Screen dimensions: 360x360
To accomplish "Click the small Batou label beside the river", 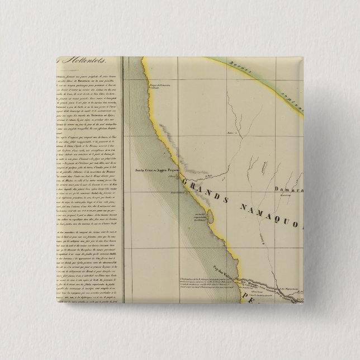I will coord(229,133).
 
